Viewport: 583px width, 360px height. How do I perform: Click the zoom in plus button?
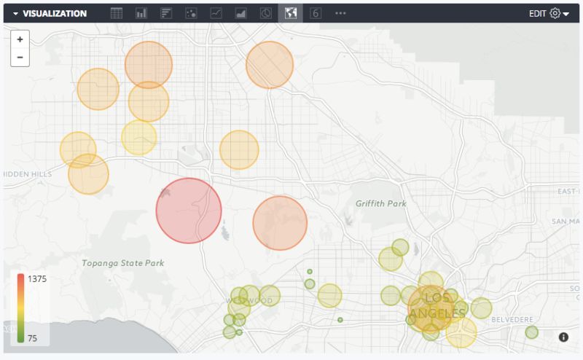[x=20, y=39]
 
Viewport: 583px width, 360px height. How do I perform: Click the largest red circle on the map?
[x=189, y=211]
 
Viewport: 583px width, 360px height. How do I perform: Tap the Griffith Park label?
[x=380, y=203]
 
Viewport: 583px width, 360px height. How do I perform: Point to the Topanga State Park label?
[x=122, y=263]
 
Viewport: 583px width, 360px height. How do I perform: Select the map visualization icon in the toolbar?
[x=291, y=13]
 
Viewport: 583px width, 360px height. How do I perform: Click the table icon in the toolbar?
[x=117, y=13]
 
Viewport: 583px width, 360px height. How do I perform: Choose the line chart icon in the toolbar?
[x=216, y=13]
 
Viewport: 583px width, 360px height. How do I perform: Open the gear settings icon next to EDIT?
[x=555, y=13]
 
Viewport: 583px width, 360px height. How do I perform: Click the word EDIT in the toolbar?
[x=538, y=13]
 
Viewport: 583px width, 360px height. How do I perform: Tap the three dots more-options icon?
[x=340, y=13]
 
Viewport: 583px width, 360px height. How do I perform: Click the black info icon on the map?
[x=563, y=337]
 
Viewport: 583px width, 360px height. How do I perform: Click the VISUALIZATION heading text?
[x=55, y=13]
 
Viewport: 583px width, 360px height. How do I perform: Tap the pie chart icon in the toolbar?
[x=266, y=13]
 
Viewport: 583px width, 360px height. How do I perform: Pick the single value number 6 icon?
[x=316, y=13]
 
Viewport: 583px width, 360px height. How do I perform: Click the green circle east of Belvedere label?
[x=531, y=332]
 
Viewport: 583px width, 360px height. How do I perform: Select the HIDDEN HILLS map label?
[x=28, y=175]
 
